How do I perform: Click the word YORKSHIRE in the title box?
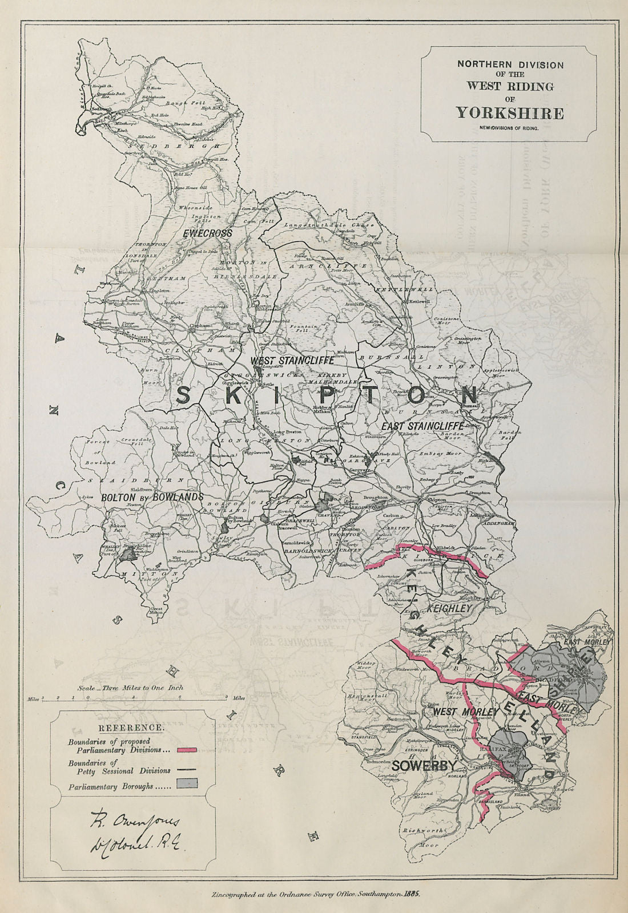pos(509,112)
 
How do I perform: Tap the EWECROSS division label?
pos(208,233)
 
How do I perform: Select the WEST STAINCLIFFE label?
pos(284,361)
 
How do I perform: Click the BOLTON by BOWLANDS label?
pos(152,497)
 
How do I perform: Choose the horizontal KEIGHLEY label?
pos(450,609)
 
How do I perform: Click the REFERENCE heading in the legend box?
pos(132,728)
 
